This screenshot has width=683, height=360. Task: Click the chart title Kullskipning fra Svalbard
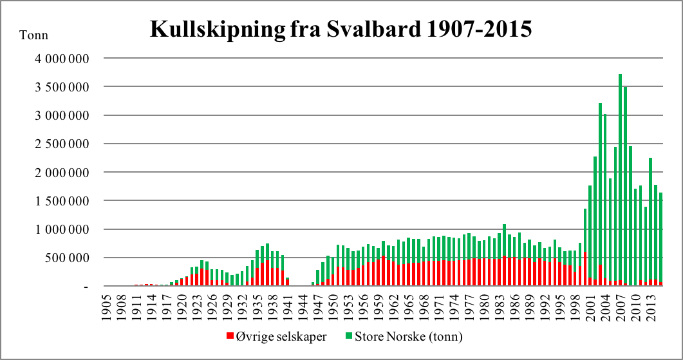[x=341, y=29]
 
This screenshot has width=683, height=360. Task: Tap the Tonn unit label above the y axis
[x=35, y=35]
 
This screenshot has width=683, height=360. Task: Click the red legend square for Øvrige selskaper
[x=230, y=336]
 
